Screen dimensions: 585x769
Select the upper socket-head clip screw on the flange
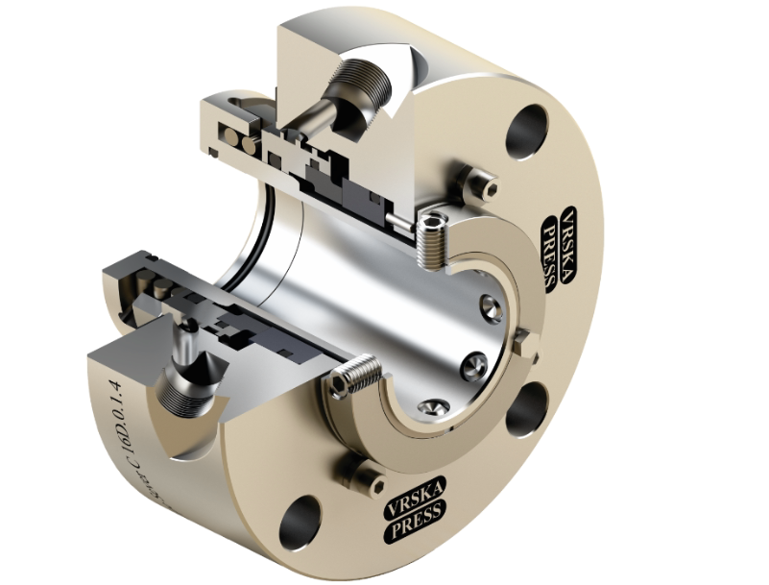coord(479,183)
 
